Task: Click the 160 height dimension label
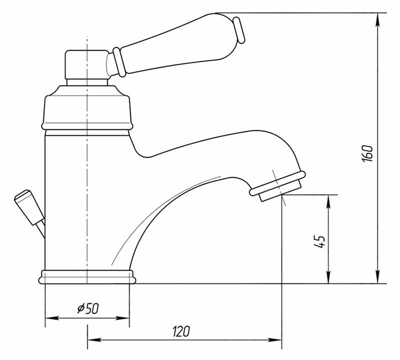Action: [x=367, y=153]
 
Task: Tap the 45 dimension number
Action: [x=319, y=241]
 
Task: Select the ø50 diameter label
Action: [x=88, y=308]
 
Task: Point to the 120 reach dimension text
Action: [x=181, y=331]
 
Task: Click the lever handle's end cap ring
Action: [x=239, y=30]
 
